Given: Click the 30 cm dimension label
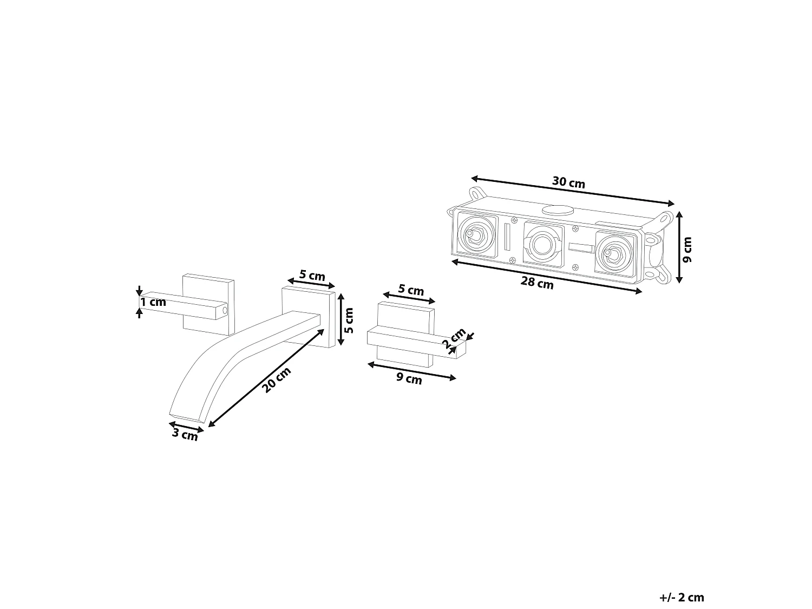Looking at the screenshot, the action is pos(568,182).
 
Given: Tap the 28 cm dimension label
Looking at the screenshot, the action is pos(537,283).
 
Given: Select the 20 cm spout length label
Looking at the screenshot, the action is pos(276,381).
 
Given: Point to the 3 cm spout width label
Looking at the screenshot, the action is pos(185,434).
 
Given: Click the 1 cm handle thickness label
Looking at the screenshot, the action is pos(153,302).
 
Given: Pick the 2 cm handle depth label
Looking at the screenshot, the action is pos(454,338).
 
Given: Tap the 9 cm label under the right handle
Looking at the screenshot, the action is pos(409,378).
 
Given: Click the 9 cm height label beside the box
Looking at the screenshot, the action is pos(687,250).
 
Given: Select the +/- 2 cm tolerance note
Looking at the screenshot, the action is pos(682,587).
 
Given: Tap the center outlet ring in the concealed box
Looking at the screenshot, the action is pos(543,244).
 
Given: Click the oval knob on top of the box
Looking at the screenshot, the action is pos(558,210).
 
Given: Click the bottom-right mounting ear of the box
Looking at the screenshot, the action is pos(663,274).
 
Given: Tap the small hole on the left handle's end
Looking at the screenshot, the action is pos(224,311).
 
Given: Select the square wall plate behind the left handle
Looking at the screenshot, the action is pos(208,304).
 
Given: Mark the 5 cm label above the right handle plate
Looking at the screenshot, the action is pos(411,290).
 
